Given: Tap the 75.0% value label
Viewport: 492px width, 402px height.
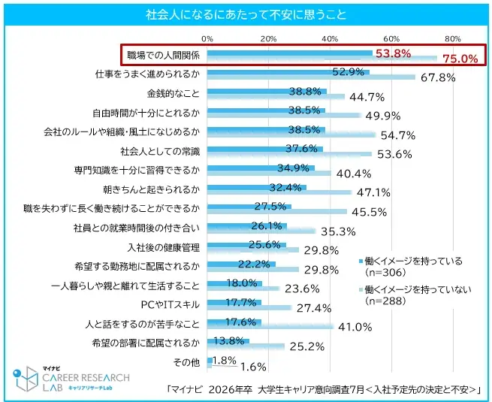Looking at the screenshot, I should click(460, 59).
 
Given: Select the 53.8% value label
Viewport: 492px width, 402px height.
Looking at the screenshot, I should click(392, 53).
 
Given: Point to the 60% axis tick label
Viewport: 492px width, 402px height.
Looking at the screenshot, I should click(391, 38).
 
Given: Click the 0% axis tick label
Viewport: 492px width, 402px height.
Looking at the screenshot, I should click(207, 38).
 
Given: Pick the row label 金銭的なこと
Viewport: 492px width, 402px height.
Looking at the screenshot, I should click(174, 93).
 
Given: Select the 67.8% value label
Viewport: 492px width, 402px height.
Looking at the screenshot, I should click(439, 77).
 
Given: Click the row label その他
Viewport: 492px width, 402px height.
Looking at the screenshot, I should click(187, 363).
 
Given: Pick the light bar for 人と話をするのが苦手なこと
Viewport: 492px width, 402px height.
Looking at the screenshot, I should click(270, 327).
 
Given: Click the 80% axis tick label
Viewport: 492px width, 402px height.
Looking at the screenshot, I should click(452, 38).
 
